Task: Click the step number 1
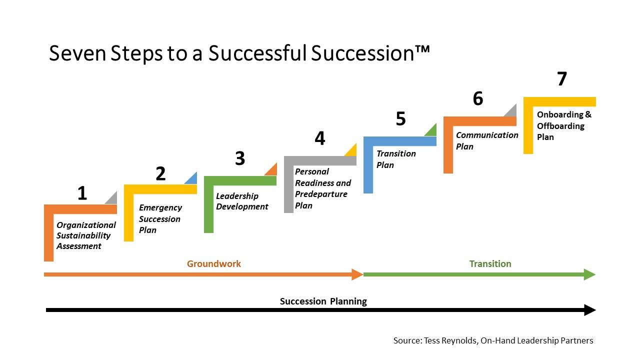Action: click(x=82, y=193)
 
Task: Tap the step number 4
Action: click(x=320, y=138)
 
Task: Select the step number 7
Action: click(x=562, y=78)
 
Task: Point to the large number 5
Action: click(x=401, y=118)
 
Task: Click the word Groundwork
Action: click(x=214, y=263)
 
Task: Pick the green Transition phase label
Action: click(x=490, y=263)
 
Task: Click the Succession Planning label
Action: click(x=323, y=301)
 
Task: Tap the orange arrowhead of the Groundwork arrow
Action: click(x=357, y=274)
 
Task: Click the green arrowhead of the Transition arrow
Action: click(x=589, y=274)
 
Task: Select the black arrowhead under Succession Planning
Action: click(x=590, y=310)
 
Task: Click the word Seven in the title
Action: click(x=77, y=53)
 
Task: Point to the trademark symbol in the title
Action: click(x=422, y=49)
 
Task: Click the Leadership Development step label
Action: click(x=242, y=201)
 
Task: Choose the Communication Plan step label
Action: click(x=487, y=140)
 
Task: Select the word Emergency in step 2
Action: click(x=160, y=207)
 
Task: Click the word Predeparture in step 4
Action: click(x=321, y=194)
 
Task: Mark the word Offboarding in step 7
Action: click(x=560, y=126)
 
